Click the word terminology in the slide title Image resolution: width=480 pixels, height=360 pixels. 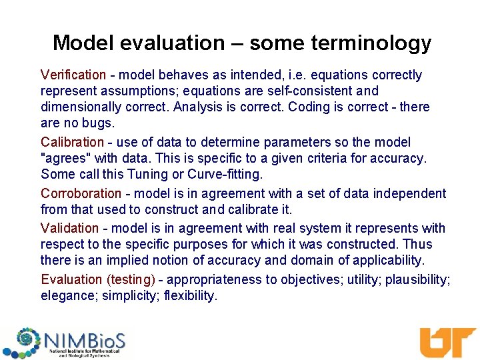click(x=377, y=43)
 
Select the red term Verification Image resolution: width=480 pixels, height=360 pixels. click(x=73, y=75)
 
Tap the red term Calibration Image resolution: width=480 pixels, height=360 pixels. click(x=72, y=143)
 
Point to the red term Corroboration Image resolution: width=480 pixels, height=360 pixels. click(x=81, y=194)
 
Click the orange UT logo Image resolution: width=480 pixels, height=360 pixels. click(x=446, y=342)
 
